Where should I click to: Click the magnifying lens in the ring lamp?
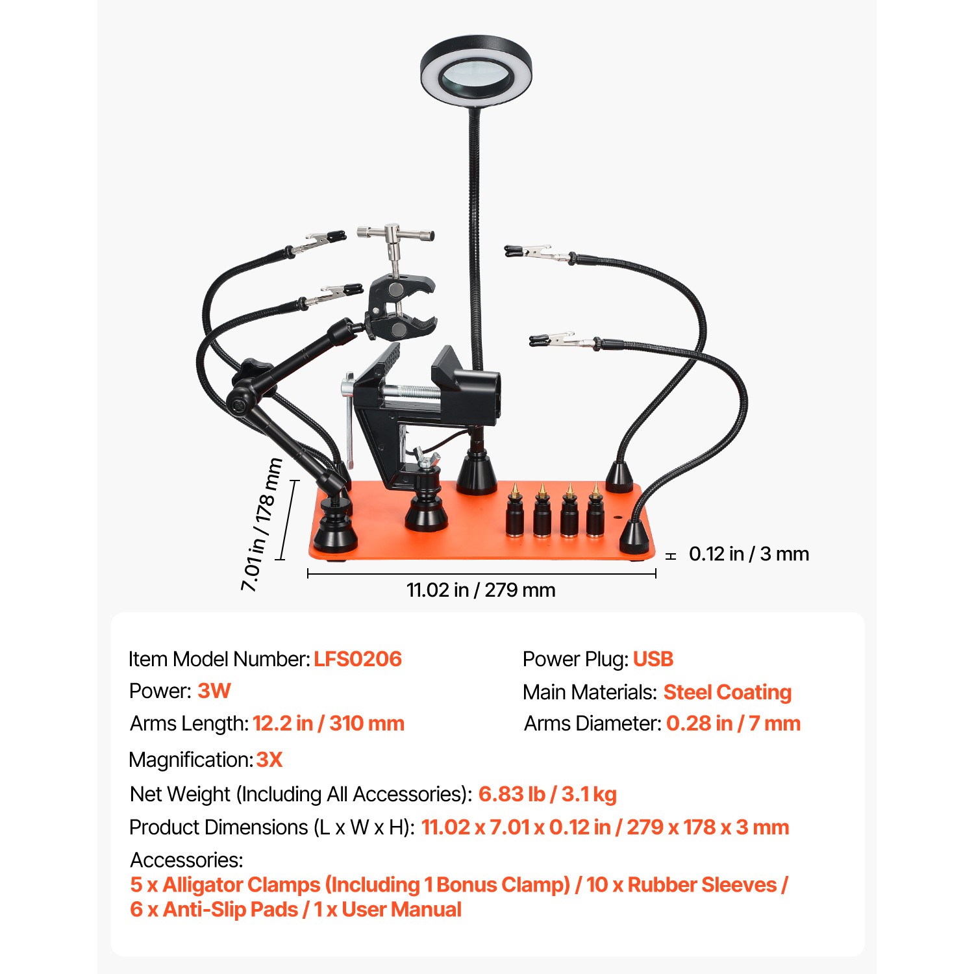(476, 77)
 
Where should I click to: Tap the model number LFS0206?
(358, 659)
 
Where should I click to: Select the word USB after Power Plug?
(653, 659)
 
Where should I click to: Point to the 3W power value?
(214, 691)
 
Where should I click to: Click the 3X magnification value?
(269, 760)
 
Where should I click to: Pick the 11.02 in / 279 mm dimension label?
(481, 590)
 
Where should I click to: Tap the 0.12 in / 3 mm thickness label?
(749, 554)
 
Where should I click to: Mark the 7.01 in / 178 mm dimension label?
(262, 525)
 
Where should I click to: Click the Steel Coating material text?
(727, 692)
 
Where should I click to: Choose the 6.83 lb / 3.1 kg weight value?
(547, 794)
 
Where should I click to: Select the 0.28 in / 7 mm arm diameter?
(733, 723)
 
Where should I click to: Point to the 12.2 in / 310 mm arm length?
(329, 723)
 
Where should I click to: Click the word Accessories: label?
(187, 860)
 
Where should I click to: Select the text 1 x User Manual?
(388, 910)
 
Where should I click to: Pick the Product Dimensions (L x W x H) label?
(272, 827)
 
